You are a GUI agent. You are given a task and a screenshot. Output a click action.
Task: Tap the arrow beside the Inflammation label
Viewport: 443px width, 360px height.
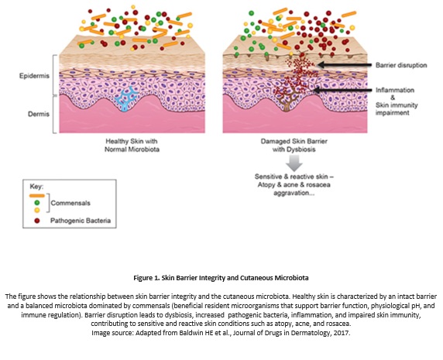341,91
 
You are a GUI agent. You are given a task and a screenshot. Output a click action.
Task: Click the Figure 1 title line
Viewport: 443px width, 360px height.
221,275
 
